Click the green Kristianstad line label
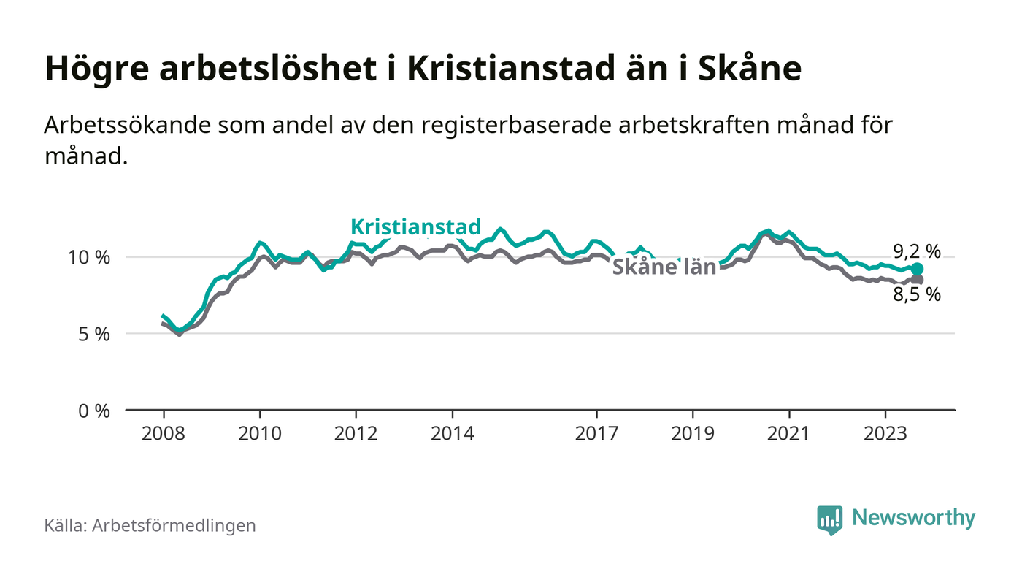click(x=416, y=226)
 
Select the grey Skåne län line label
click(x=664, y=267)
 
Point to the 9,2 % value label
click(x=917, y=252)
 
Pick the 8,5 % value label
click(x=917, y=295)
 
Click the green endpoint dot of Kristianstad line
click(x=917, y=269)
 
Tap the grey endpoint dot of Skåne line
click(x=917, y=280)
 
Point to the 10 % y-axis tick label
click(x=89, y=257)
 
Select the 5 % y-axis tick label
click(x=93, y=334)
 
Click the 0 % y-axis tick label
click(x=93, y=411)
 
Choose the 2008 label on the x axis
click(x=163, y=432)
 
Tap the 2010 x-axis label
click(x=259, y=432)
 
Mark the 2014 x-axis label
click(x=453, y=432)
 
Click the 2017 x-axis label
click(x=597, y=432)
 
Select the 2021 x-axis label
click(x=790, y=432)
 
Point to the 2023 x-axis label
click(x=886, y=432)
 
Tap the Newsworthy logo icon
click(x=829, y=519)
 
